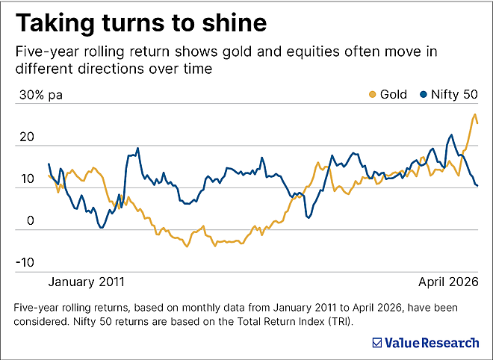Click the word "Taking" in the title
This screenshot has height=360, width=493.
tap(53, 23)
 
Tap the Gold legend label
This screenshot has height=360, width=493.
tap(394, 95)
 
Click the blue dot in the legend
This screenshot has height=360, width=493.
tap(423, 95)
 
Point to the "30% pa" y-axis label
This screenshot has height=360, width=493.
tap(41, 96)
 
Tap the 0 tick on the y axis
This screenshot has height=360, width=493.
tap(30, 221)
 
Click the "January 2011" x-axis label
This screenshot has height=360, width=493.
tap(87, 282)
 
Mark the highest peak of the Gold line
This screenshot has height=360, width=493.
tap(474, 115)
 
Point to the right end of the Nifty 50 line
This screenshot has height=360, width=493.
tap(478, 185)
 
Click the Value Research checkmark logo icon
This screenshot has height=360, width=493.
tap(377, 343)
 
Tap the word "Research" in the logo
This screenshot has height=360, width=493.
tap(450, 343)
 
